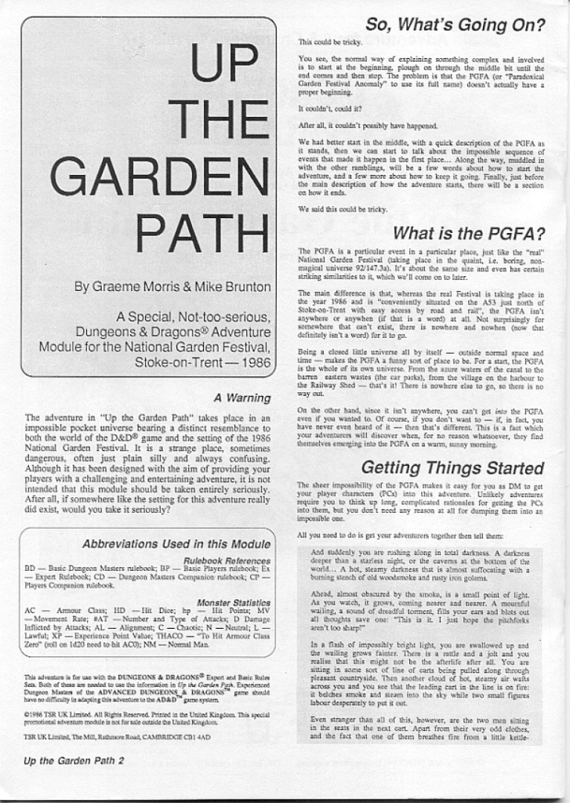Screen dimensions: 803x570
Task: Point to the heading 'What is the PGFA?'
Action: (468, 233)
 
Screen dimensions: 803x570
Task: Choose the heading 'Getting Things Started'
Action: (452, 468)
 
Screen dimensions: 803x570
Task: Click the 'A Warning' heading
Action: (242, 398)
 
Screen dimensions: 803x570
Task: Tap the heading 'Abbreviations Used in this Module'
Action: (176, 543)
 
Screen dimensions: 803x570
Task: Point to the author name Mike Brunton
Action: (232, 286)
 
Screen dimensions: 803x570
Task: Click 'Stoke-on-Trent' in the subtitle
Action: (174, 362)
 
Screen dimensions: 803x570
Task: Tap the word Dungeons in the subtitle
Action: (112, 332)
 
